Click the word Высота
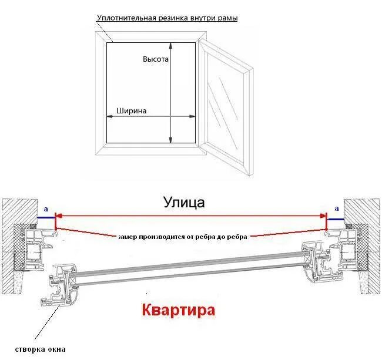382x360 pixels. pyautogui.click(x=156, y=59)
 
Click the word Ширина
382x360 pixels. pyautogui.click(x=132, y=110)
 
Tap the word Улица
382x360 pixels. pyautogui.click(x=184, y=203)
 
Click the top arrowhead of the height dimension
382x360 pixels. pyautogui.click(x=171, y=45)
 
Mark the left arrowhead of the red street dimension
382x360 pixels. pyautogui.click(x=58, y=216)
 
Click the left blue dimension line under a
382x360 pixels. pyautogui.click(x=46, y=217)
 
